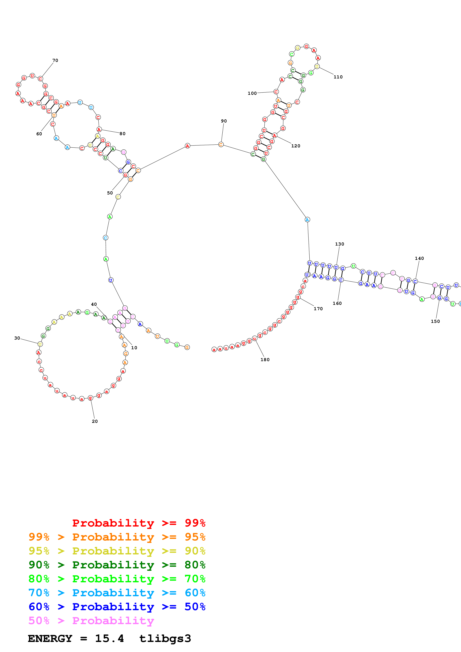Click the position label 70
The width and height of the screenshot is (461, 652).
[55, 60]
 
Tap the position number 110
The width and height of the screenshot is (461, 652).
[338, 77]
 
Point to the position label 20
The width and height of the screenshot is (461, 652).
[95, 421]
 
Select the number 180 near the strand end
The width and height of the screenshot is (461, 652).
[265, 360]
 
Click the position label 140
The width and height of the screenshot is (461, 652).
[419, 258]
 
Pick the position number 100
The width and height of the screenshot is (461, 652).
[252, 93]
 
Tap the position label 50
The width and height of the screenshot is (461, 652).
[110, 193]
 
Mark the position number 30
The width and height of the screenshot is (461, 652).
[17, 338]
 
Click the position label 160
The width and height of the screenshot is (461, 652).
[337, 304]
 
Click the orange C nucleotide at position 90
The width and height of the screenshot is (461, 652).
[221, 145]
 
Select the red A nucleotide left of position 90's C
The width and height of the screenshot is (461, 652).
[187, 146]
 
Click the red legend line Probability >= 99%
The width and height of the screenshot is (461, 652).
[139, 523]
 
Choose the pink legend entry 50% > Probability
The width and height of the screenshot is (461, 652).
[91, 621]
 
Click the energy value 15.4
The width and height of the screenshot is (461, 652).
[109, 639]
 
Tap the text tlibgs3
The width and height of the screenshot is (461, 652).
[165, 639]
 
